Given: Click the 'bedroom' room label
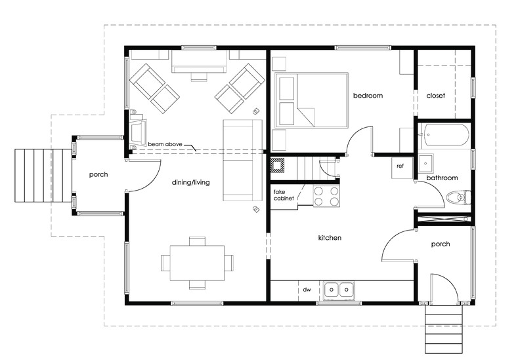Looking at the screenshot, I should [367, 96].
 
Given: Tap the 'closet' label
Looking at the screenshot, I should [435, 96].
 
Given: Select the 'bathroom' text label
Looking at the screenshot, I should [442, 178].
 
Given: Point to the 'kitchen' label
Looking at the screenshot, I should [330, 238].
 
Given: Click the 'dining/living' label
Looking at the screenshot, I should [190, 182].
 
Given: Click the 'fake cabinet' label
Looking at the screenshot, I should [284, 195].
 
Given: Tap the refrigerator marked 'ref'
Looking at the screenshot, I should [400, 166].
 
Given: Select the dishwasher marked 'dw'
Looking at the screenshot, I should [306, 289].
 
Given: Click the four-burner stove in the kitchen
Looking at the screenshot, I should [326, 196].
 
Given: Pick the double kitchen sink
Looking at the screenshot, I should [339, 289].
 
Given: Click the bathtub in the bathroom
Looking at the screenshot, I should [445, 136].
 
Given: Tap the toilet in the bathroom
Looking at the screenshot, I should [456, 197].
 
